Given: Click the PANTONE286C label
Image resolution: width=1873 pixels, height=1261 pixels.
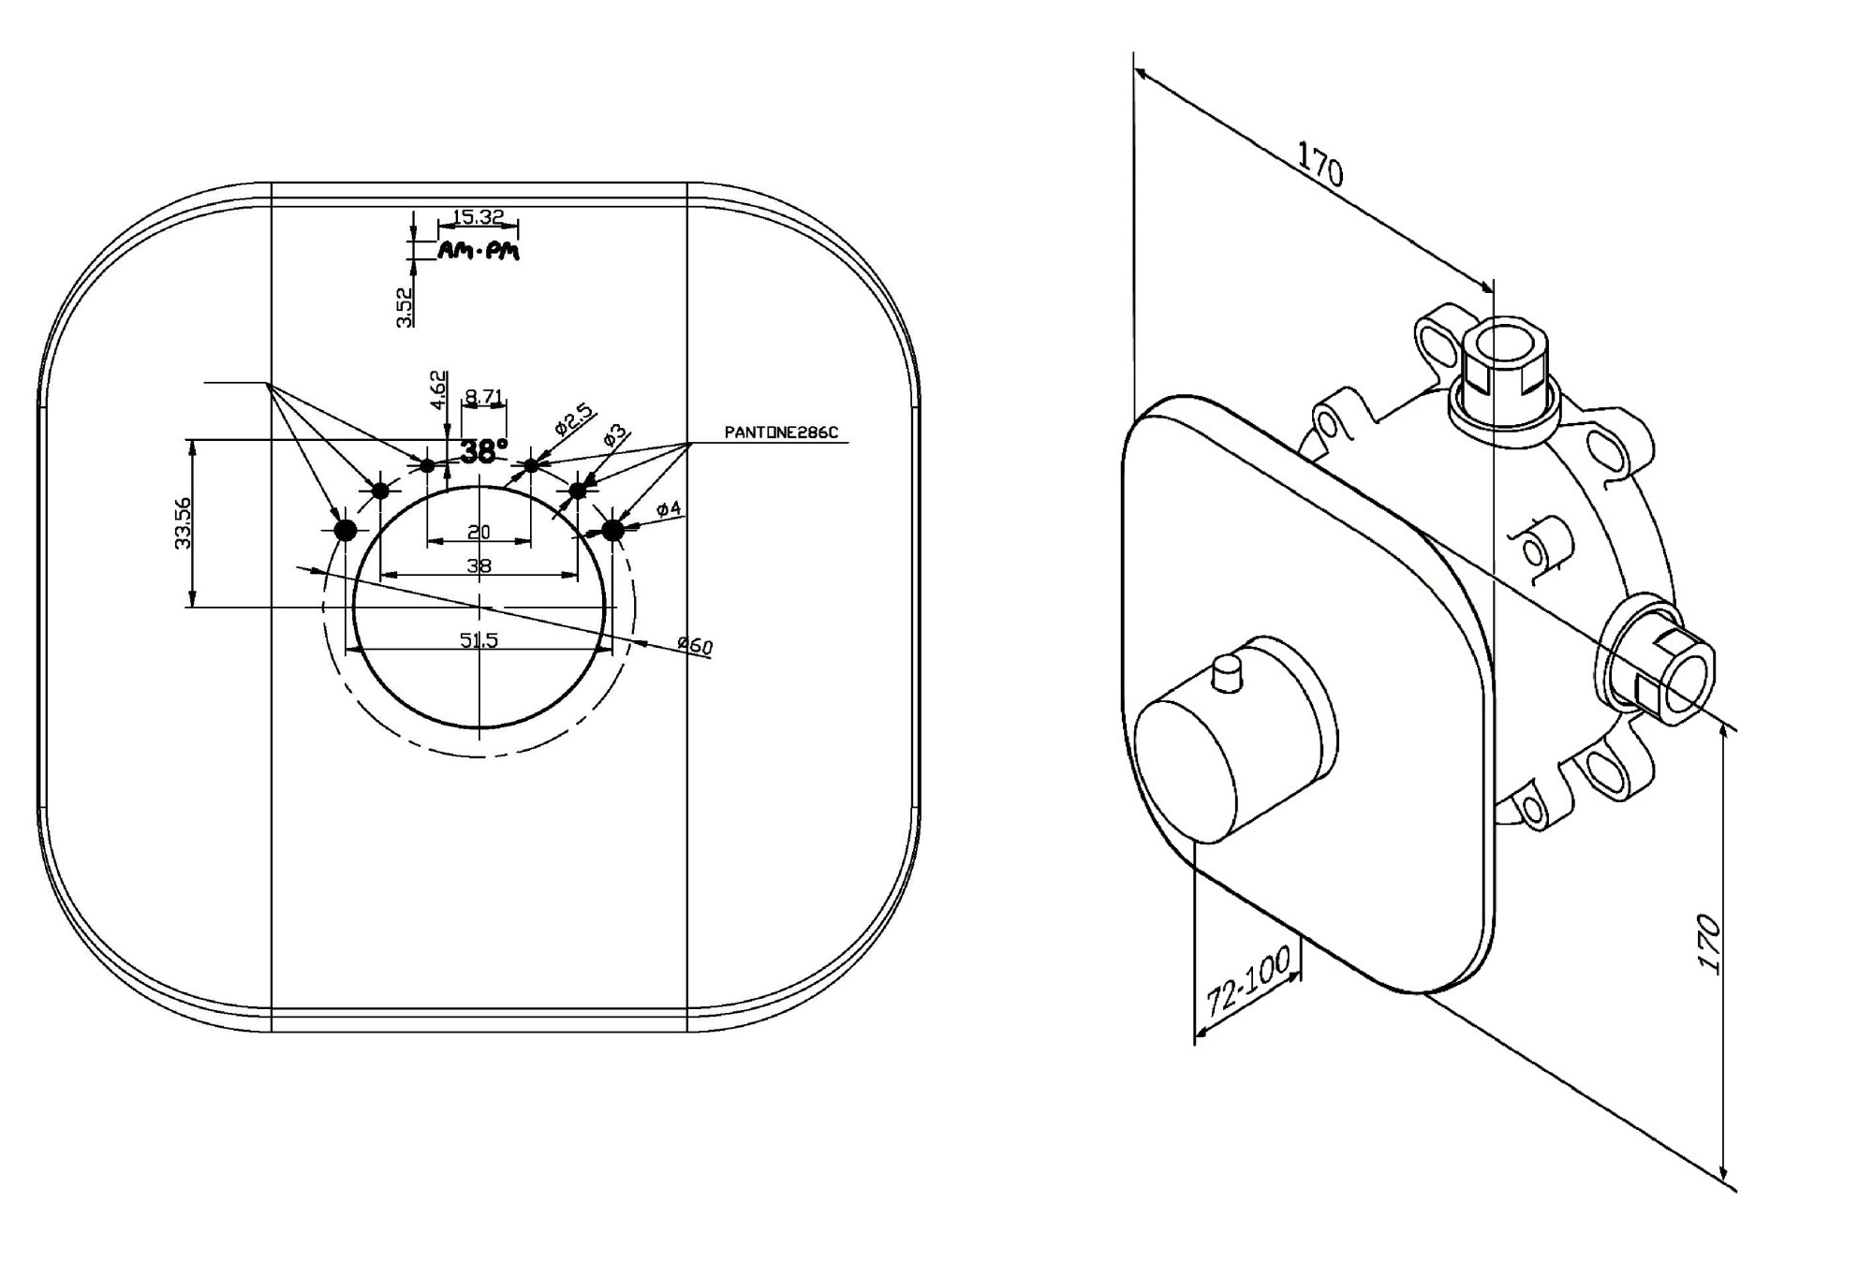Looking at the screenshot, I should click(781, 433).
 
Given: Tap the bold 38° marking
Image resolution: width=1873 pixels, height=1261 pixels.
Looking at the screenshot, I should click(483, 452).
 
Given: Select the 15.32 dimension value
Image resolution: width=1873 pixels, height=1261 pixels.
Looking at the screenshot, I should click(478, 217).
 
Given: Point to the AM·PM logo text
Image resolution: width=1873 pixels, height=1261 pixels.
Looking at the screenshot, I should click(479, 250).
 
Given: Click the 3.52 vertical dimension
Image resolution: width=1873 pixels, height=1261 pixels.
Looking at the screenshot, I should click(405, 306).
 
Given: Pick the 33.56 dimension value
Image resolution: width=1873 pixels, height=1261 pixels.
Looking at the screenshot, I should click(183, 522).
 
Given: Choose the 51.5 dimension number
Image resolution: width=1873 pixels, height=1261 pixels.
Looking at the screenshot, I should click(479, 640).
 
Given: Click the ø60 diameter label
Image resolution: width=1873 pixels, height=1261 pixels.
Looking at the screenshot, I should click(695, 645).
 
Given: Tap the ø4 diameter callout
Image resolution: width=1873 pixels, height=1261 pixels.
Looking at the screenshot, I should click(669, 509).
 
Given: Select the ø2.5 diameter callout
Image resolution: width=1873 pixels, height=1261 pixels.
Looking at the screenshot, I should click(573, 418).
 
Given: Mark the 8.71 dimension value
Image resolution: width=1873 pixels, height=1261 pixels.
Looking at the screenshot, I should click(483, 397).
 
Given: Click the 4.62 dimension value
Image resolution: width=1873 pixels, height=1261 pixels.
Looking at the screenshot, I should click(437, 389).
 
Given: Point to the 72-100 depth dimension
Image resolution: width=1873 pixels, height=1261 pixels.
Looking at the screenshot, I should click(1247, 981).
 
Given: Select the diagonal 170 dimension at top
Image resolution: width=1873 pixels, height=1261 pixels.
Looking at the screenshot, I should click(1320, 164).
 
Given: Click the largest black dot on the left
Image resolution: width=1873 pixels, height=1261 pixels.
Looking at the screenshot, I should click(346, 531).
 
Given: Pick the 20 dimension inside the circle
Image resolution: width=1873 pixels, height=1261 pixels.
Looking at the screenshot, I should click(479, 532).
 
